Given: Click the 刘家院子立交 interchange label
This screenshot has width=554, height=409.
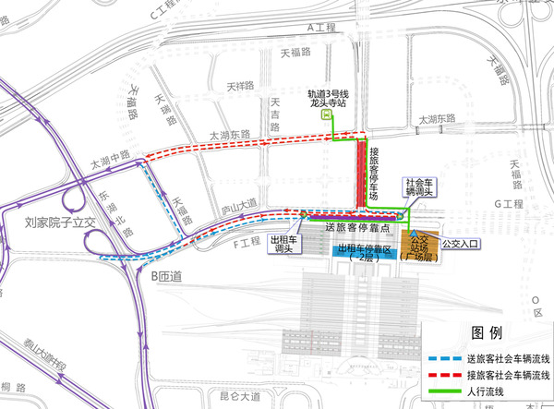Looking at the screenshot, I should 47,223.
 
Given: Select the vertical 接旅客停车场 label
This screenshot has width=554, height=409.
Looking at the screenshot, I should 374,168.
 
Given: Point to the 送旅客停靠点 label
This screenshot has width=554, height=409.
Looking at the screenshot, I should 356,227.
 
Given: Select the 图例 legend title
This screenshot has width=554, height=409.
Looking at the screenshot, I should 485,333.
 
